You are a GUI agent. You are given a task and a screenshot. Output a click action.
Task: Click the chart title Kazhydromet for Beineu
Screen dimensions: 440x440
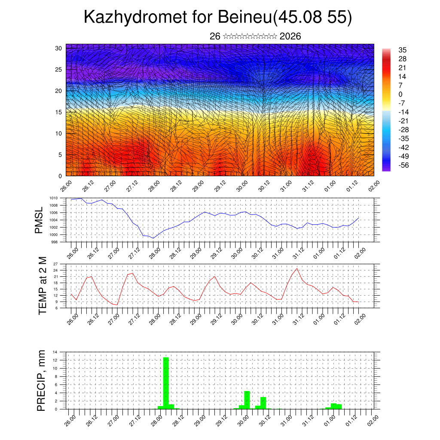[x=217, y=17]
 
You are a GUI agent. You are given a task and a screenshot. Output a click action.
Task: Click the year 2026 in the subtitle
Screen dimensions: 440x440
[x=290, y=37]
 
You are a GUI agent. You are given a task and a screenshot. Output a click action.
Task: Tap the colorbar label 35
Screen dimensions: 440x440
[x=403, y=50]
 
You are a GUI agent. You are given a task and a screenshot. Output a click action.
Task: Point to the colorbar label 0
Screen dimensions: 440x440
[x=401, y=94]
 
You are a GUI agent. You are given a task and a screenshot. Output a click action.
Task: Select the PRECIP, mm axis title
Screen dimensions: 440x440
[x=41, y=380]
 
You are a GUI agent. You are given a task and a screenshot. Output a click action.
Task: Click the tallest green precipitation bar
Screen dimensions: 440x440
[x=166, y=382]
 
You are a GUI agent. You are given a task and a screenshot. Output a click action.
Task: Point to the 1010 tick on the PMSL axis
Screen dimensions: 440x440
[x=53, y=198]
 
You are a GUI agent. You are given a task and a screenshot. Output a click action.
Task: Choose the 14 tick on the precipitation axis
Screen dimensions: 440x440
[x=55, y=352]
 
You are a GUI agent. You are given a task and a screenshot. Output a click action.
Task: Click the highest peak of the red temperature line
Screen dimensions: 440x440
[x=297, y=269]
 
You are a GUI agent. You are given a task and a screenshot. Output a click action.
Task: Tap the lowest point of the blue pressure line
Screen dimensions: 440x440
[x=153, y=238]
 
